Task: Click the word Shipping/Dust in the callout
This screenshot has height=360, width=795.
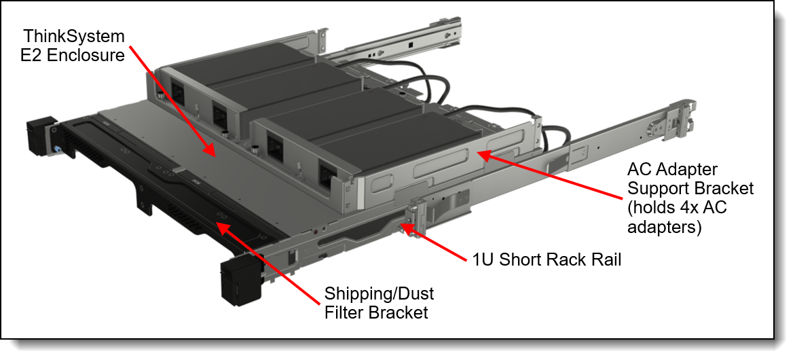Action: (x=379, y=295)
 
